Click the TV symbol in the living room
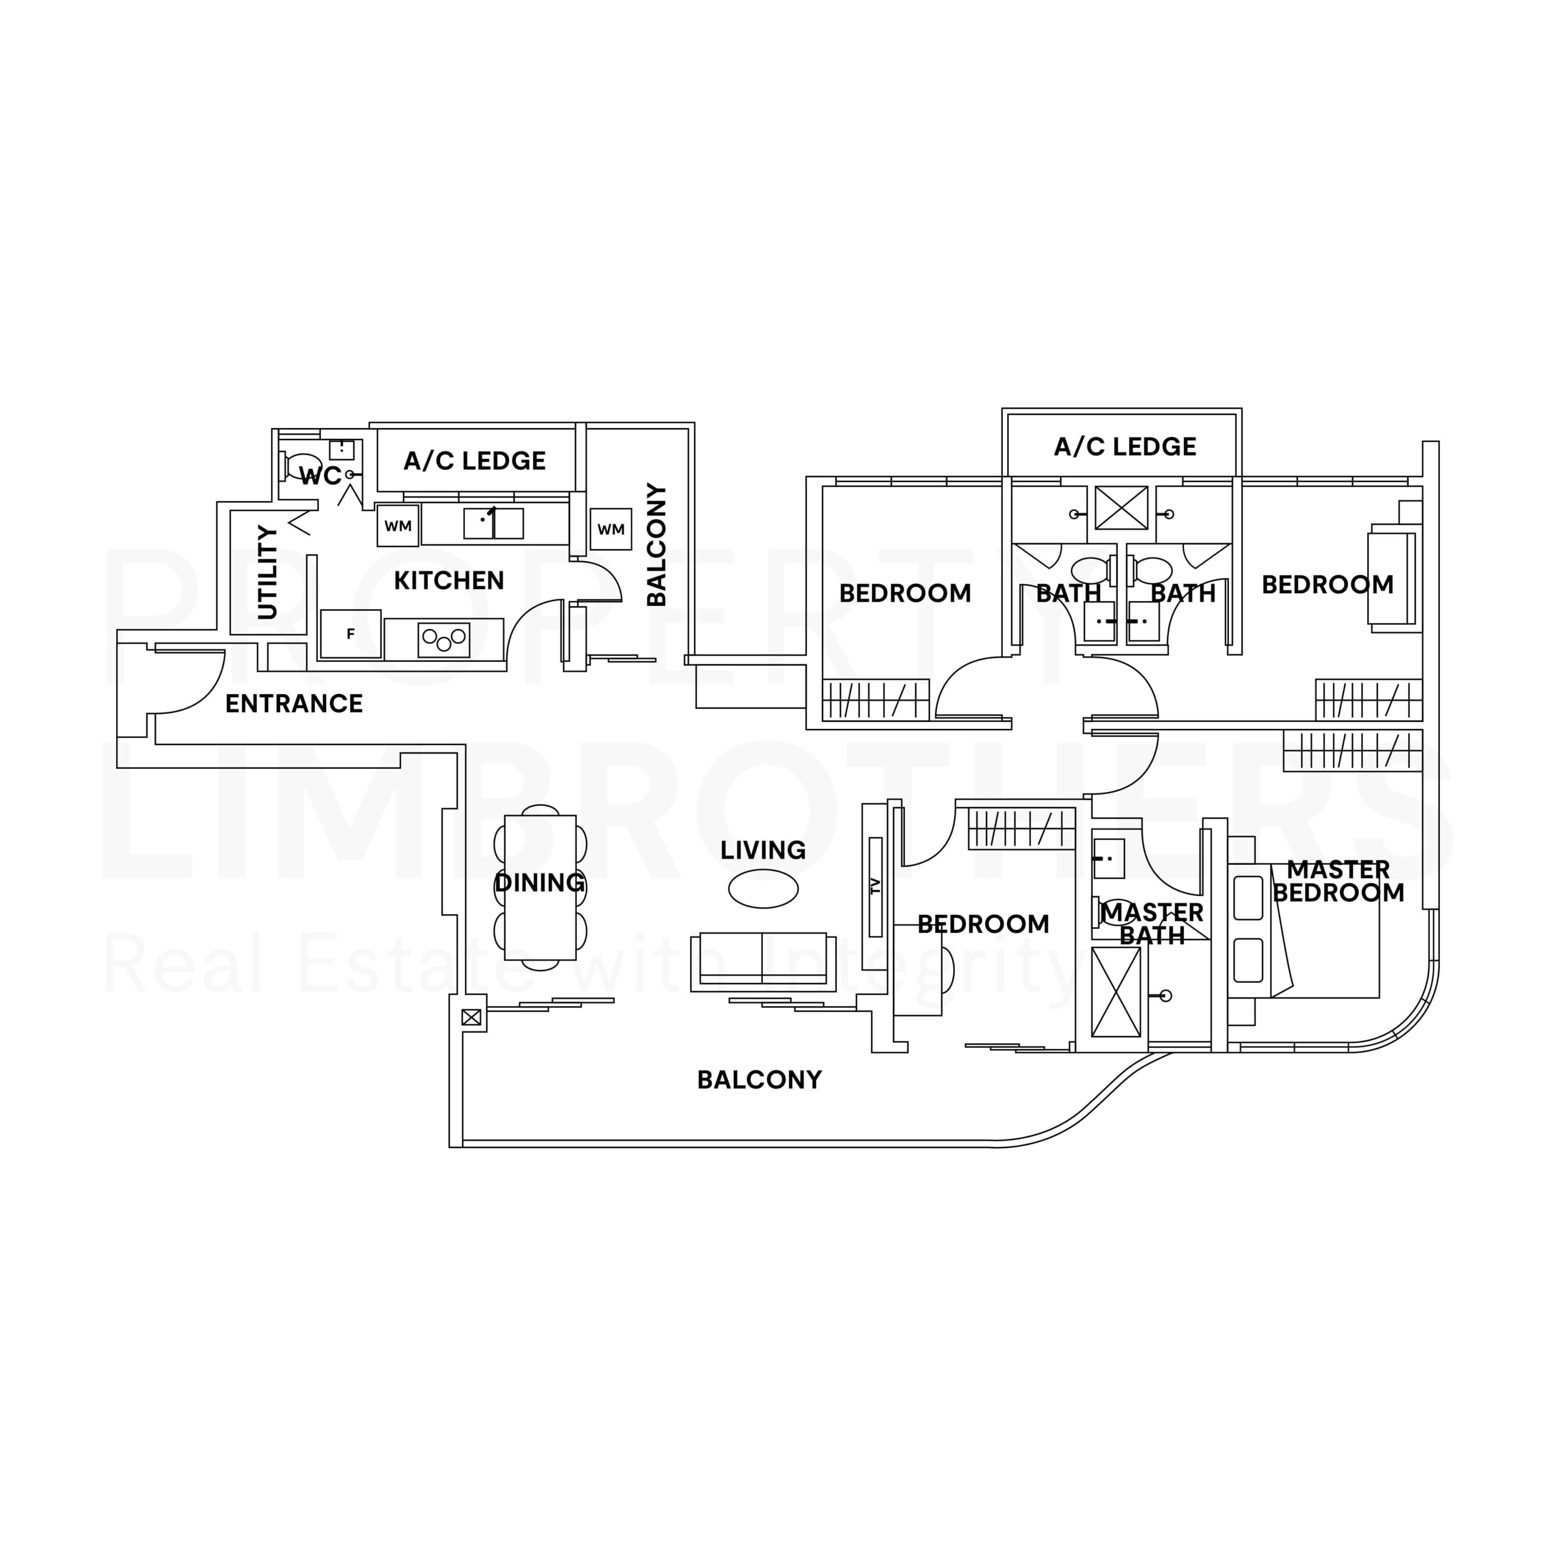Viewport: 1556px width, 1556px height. [875, 887]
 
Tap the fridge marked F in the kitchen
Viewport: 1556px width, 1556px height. [350, 634]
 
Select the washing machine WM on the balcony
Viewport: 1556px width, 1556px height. [610, 529]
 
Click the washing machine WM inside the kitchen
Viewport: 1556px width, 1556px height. [398, 526]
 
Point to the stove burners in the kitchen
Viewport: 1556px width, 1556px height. [444, 639]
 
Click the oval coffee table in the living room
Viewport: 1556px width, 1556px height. [763, 889]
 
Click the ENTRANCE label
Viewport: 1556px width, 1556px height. [294, 704]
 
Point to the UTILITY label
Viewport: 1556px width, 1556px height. [267, 573]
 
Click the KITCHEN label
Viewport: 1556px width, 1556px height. [449, 580]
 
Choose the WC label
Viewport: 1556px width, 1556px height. [320, 476]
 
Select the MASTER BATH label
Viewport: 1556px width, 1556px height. [1152, 924]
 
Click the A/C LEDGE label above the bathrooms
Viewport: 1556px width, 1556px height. [1124, 447]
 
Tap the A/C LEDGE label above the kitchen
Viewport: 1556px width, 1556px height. [474, 461]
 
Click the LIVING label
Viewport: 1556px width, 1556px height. [763, 850]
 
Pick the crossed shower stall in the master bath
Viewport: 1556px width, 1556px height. [1115, 991]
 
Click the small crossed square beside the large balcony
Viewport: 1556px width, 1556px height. [471, 1017]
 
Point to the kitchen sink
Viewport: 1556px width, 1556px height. [493, 523]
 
